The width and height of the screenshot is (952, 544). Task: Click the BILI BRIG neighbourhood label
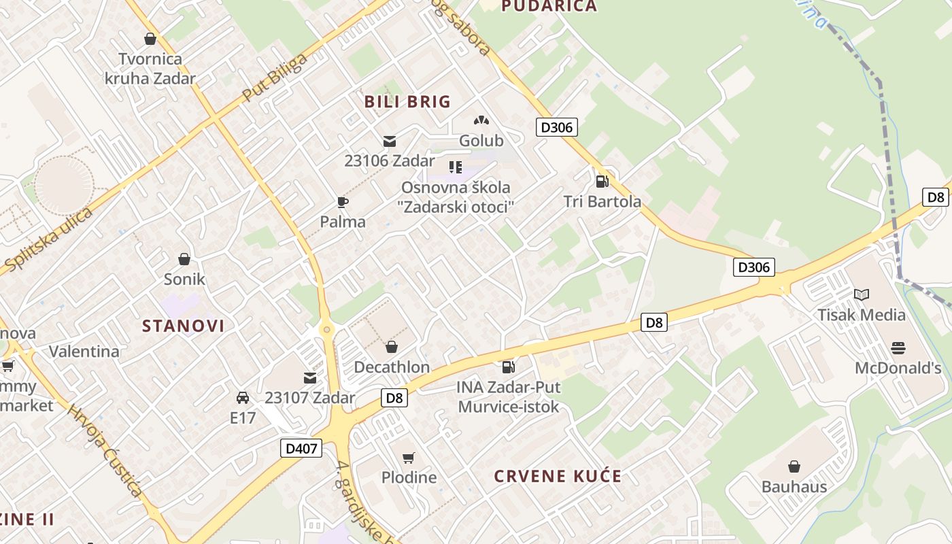point(407,102)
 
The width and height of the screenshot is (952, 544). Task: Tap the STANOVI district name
point(183,326)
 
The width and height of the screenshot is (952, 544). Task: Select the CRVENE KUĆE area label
point(558,476)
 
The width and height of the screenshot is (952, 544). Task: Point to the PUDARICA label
point(549,7)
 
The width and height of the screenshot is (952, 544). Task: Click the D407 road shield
point(301,448)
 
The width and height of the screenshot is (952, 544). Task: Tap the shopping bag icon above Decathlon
point(392,347)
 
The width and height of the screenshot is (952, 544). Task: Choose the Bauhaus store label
point(794,487)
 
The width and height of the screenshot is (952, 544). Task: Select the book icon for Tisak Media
point(862,295)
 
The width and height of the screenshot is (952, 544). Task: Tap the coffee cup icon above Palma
point(343,202)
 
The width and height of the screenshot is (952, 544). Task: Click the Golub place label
point(481,141)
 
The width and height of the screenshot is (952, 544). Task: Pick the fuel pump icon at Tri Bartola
point(602,182)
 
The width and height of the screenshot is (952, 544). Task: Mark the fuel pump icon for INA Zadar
point(508,367)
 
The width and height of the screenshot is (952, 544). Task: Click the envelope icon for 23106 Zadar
point(390,141)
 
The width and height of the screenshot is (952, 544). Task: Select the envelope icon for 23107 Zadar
point(310,378)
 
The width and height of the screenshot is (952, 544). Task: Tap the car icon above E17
point(243,398)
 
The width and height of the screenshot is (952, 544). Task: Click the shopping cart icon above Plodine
point(408,458)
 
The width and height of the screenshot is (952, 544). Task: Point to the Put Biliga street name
point(275,77)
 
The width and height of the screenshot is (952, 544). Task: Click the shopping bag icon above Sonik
point(184,259)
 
